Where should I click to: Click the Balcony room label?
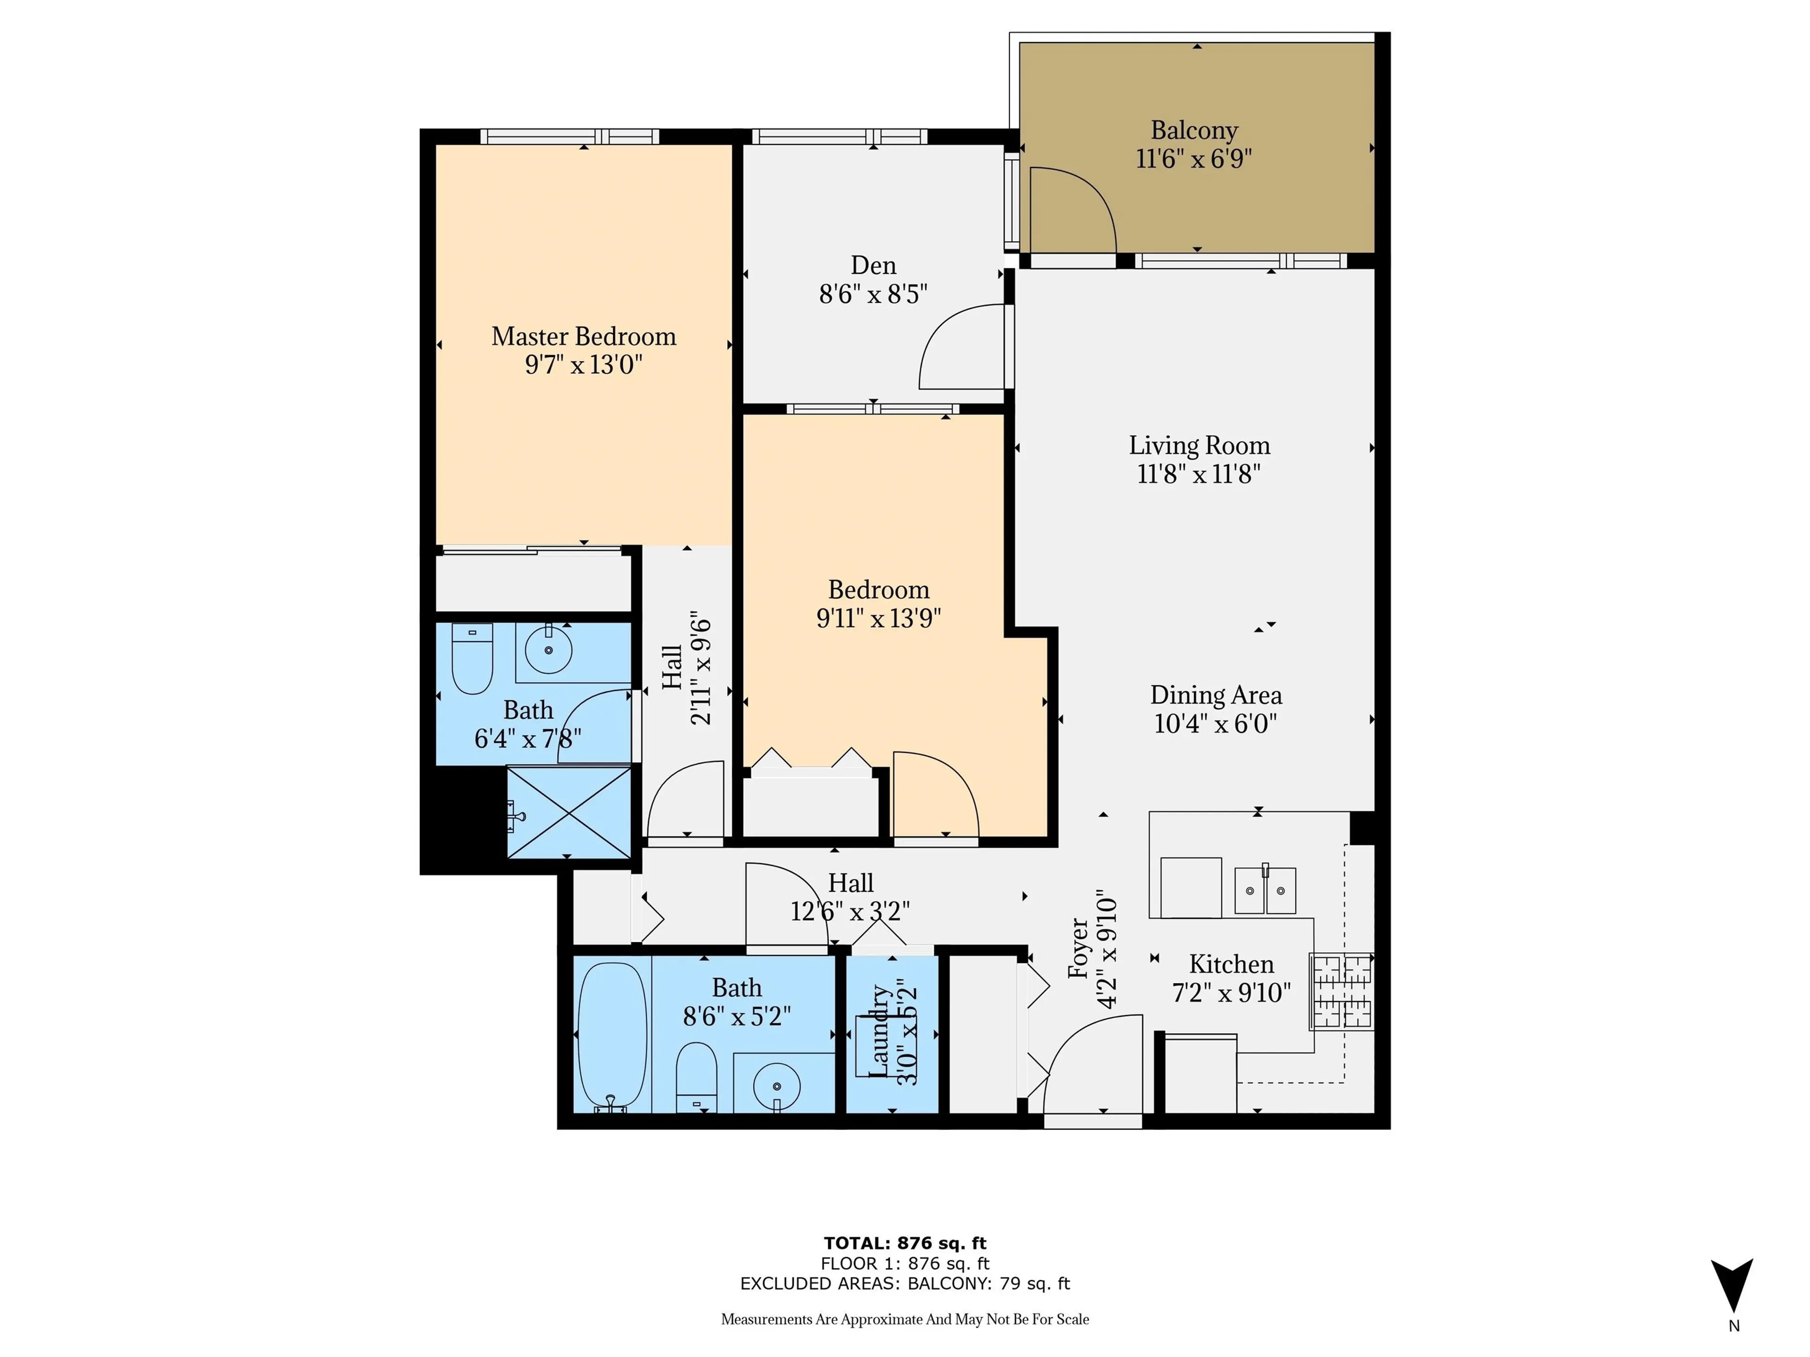pos(1194,130)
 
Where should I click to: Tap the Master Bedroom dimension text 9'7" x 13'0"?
pos(584,365)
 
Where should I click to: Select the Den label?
pos(873,265)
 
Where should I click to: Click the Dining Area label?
pos(1216,695)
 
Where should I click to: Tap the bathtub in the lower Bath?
pos(612,1036)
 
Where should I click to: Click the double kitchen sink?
pos(1264,891)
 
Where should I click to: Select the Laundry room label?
pos(879,1030)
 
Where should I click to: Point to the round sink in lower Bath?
pos(776,1086)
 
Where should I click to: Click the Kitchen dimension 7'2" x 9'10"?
pos(1232,993)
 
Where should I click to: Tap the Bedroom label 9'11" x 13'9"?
pos(879,618)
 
